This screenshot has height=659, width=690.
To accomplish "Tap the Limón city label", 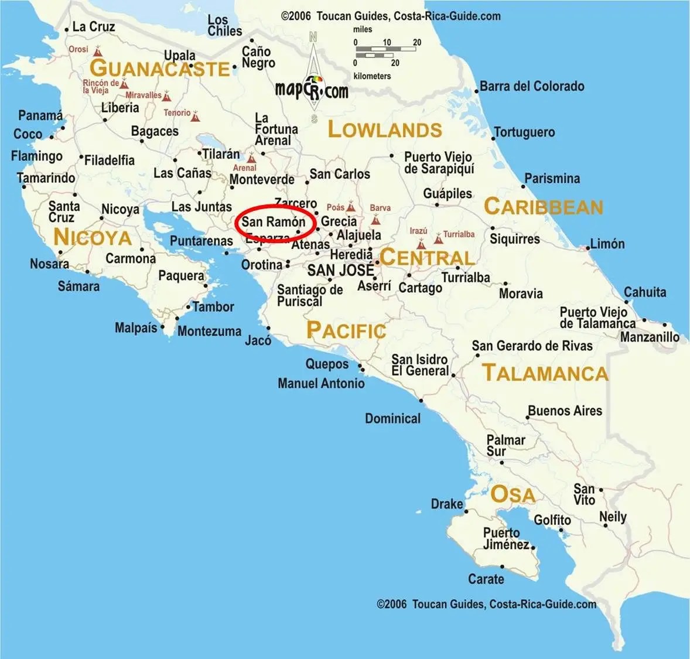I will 607,244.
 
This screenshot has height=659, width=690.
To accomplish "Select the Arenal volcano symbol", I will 251,158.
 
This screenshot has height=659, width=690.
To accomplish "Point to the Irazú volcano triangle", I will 421,243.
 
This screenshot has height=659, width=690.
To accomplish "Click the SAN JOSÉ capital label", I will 340,270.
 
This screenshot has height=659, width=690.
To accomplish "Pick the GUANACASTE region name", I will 159,69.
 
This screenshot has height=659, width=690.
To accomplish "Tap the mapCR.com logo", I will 311,89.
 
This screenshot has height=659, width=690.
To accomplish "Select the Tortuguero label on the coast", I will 524,132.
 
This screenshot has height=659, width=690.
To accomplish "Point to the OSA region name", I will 513,494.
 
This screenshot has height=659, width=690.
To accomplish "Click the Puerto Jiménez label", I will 506,538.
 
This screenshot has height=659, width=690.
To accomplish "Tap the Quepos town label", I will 327,364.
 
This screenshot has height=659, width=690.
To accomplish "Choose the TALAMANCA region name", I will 545,373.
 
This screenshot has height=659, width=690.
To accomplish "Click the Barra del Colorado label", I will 532,86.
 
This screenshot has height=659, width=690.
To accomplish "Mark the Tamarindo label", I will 46,178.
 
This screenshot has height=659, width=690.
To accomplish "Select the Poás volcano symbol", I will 350,207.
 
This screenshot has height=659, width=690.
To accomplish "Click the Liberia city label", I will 120,108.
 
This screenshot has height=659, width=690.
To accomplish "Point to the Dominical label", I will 392,418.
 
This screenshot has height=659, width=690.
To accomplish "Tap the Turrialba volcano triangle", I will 438,239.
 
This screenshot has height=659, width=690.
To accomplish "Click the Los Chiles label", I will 224,26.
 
